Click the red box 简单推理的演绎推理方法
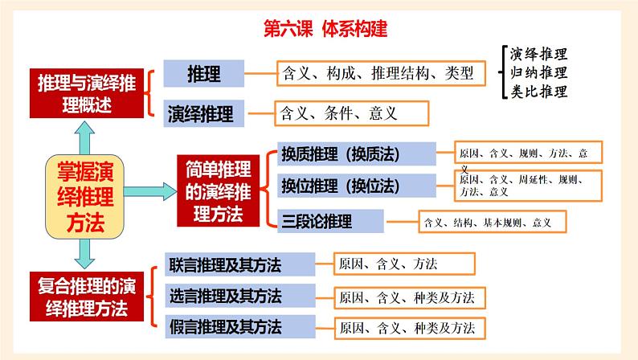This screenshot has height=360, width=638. point(218,191)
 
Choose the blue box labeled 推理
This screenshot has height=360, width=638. point(203,74)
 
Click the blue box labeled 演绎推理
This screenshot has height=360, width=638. point(203,112)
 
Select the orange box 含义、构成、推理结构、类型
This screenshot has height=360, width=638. point(380,75)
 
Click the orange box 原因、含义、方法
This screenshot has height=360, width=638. point(404,264)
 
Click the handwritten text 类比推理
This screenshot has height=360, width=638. point(539,91)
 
